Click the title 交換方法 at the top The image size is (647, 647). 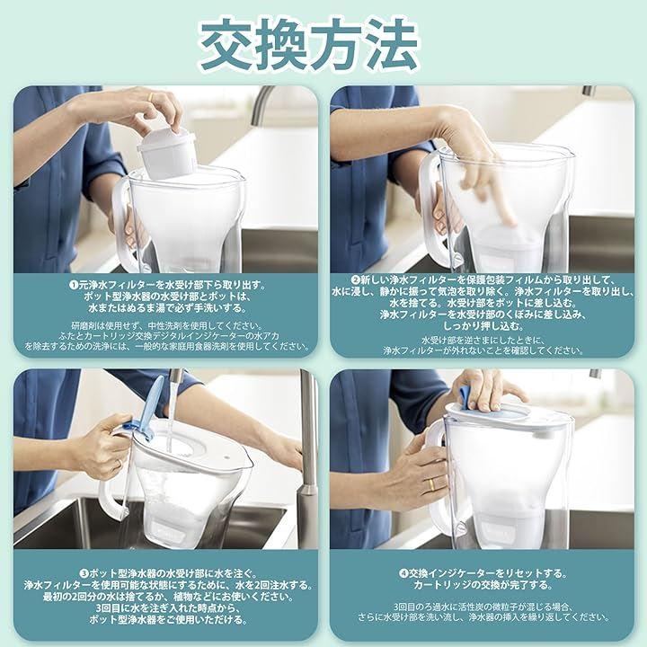(x=309, y=46)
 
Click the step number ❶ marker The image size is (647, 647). (x=74, y=285)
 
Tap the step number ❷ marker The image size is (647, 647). (x=354, y=280)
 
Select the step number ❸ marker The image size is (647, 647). (x=84, y=573)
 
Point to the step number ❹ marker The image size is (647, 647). (x=403, y=573)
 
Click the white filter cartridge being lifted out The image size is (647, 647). (x=166, y=153)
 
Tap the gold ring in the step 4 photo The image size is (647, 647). (x=430, y=484)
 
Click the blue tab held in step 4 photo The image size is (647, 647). (x=467, y=399)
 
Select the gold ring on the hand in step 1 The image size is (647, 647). (x=151, y=97)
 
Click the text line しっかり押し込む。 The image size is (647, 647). (x=483, y=326)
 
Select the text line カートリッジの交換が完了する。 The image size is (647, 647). (x=483, y=585)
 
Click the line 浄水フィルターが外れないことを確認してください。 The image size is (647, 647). (x=483, y=350)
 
